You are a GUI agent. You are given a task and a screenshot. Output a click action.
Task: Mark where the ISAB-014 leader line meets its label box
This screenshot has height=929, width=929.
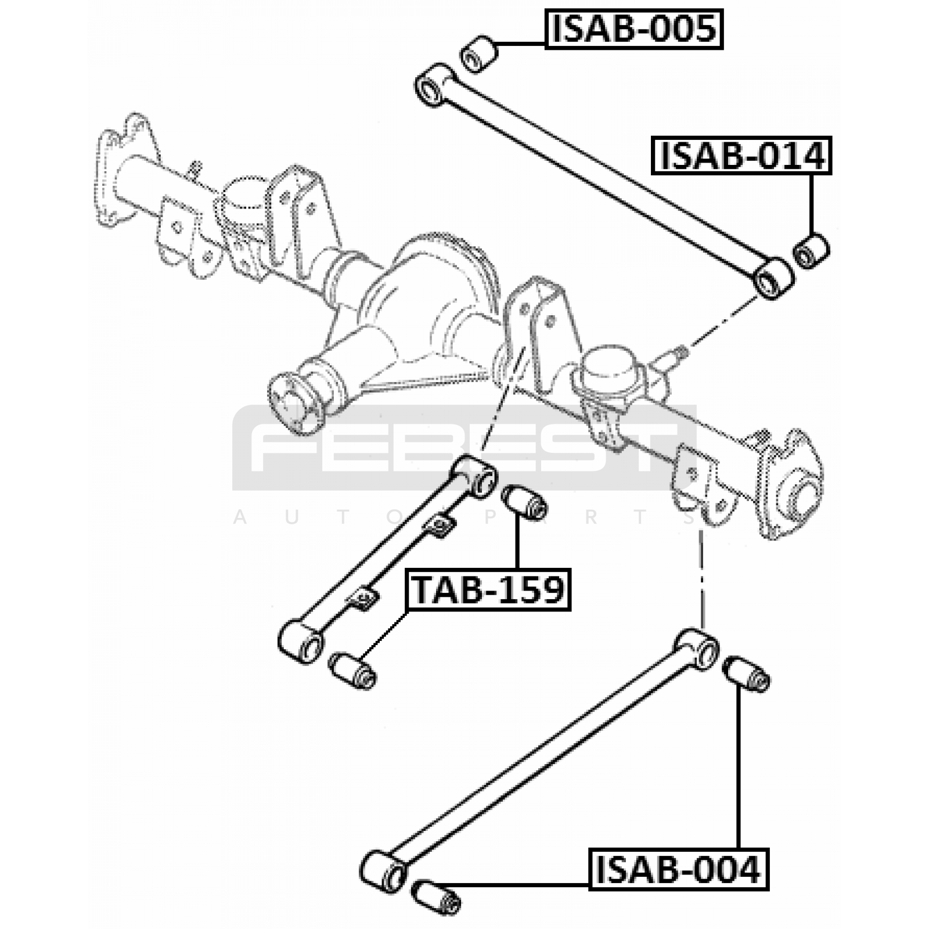pos(811,174)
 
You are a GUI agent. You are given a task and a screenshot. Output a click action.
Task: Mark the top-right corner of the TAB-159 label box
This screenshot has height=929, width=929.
pos(571,570)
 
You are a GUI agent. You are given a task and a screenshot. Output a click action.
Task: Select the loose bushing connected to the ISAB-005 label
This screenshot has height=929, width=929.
pos(478,54)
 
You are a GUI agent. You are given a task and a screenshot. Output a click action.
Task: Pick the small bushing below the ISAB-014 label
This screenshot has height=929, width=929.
pos(811,251)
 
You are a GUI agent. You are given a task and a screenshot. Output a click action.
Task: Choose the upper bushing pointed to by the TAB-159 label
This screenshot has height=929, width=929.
pos(524,502)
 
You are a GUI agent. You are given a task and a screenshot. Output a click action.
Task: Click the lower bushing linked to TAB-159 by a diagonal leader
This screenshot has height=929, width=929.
pos(352,671)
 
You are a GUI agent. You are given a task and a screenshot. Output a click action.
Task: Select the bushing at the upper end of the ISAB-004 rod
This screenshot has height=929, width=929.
pos(747,674)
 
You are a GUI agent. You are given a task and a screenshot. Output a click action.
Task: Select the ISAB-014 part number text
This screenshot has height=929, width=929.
pos(742,156)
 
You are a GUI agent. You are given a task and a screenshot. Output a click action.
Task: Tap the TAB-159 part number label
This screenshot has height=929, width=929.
pos(488,590)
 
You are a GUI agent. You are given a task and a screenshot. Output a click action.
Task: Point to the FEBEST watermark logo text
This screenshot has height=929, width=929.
pos(464,448)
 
